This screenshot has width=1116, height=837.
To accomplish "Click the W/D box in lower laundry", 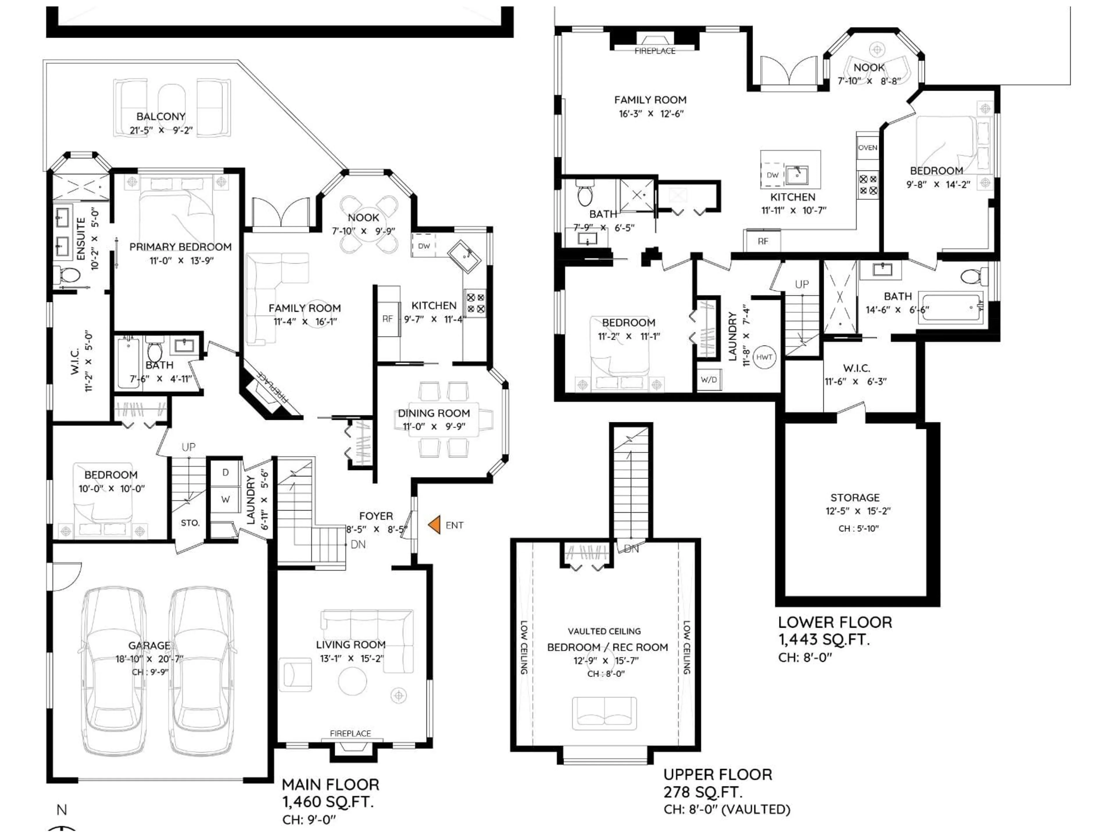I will coord(709,379).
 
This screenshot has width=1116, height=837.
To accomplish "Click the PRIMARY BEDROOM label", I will coord(180,247).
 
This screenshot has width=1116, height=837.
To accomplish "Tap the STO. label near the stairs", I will coord(190,523).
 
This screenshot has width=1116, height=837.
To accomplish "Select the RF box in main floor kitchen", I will coord(387,319).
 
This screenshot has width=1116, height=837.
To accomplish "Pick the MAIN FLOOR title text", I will coord(330,784).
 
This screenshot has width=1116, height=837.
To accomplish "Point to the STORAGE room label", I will coord(855,498).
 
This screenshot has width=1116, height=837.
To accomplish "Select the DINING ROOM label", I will coord(434,413).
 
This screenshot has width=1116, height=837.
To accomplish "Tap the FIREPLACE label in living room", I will coord(350,734).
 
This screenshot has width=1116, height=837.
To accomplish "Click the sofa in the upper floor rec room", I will coord(604,713).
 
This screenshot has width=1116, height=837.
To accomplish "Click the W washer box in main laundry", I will coord(226,500).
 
